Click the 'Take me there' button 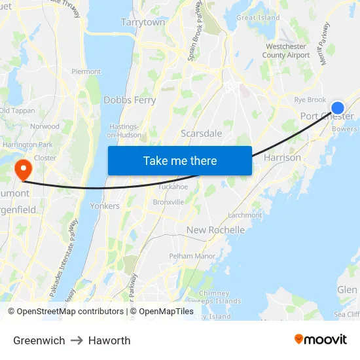pyautogui.click(x=180, y=160)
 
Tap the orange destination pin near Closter pyautogui.click(x=23, y=170)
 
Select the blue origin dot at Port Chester pyautogui.click(x=338, y=109)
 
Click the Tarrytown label pyautogui.click(x=143, y=22)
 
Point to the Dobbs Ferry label pyautogui.click(x=130, y=100)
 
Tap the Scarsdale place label pyautogui.click(x=201, y=133)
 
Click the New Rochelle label pyautogui.click(x=215, y=230)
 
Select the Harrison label pyautogui.click(x=282, y=158)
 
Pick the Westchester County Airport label pyautogui.click(x=285, y=51)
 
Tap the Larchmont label pyautogui.click(x=244, y=215)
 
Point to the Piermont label pyautogui.click(x=86, y=71)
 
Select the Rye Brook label pyautogui.click(x=310, y=99)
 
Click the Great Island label pyautogui.click(x=258, y=18)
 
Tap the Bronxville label pyautogui.click(x=168, y=202)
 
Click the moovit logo pyautogui.click(x=320, y=339)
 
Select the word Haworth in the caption pyautogui.click(x=109, y=340)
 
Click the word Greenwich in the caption pyautogui.click(x=39, y=340)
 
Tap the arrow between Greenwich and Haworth pyautogui.click(x=77, y=340)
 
